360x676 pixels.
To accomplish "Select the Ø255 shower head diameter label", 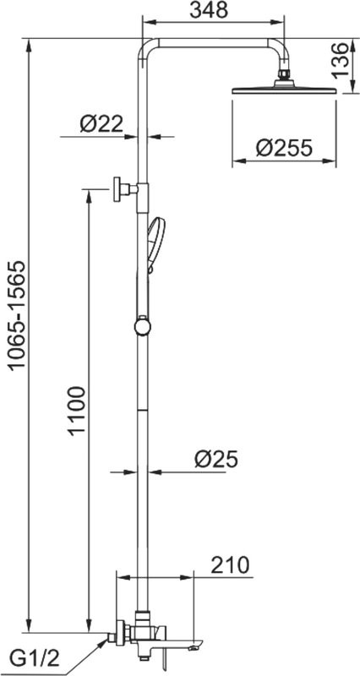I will [284, 149].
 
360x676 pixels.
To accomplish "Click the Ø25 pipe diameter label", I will [215, 459].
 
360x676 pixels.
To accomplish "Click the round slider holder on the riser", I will [142, 325].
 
